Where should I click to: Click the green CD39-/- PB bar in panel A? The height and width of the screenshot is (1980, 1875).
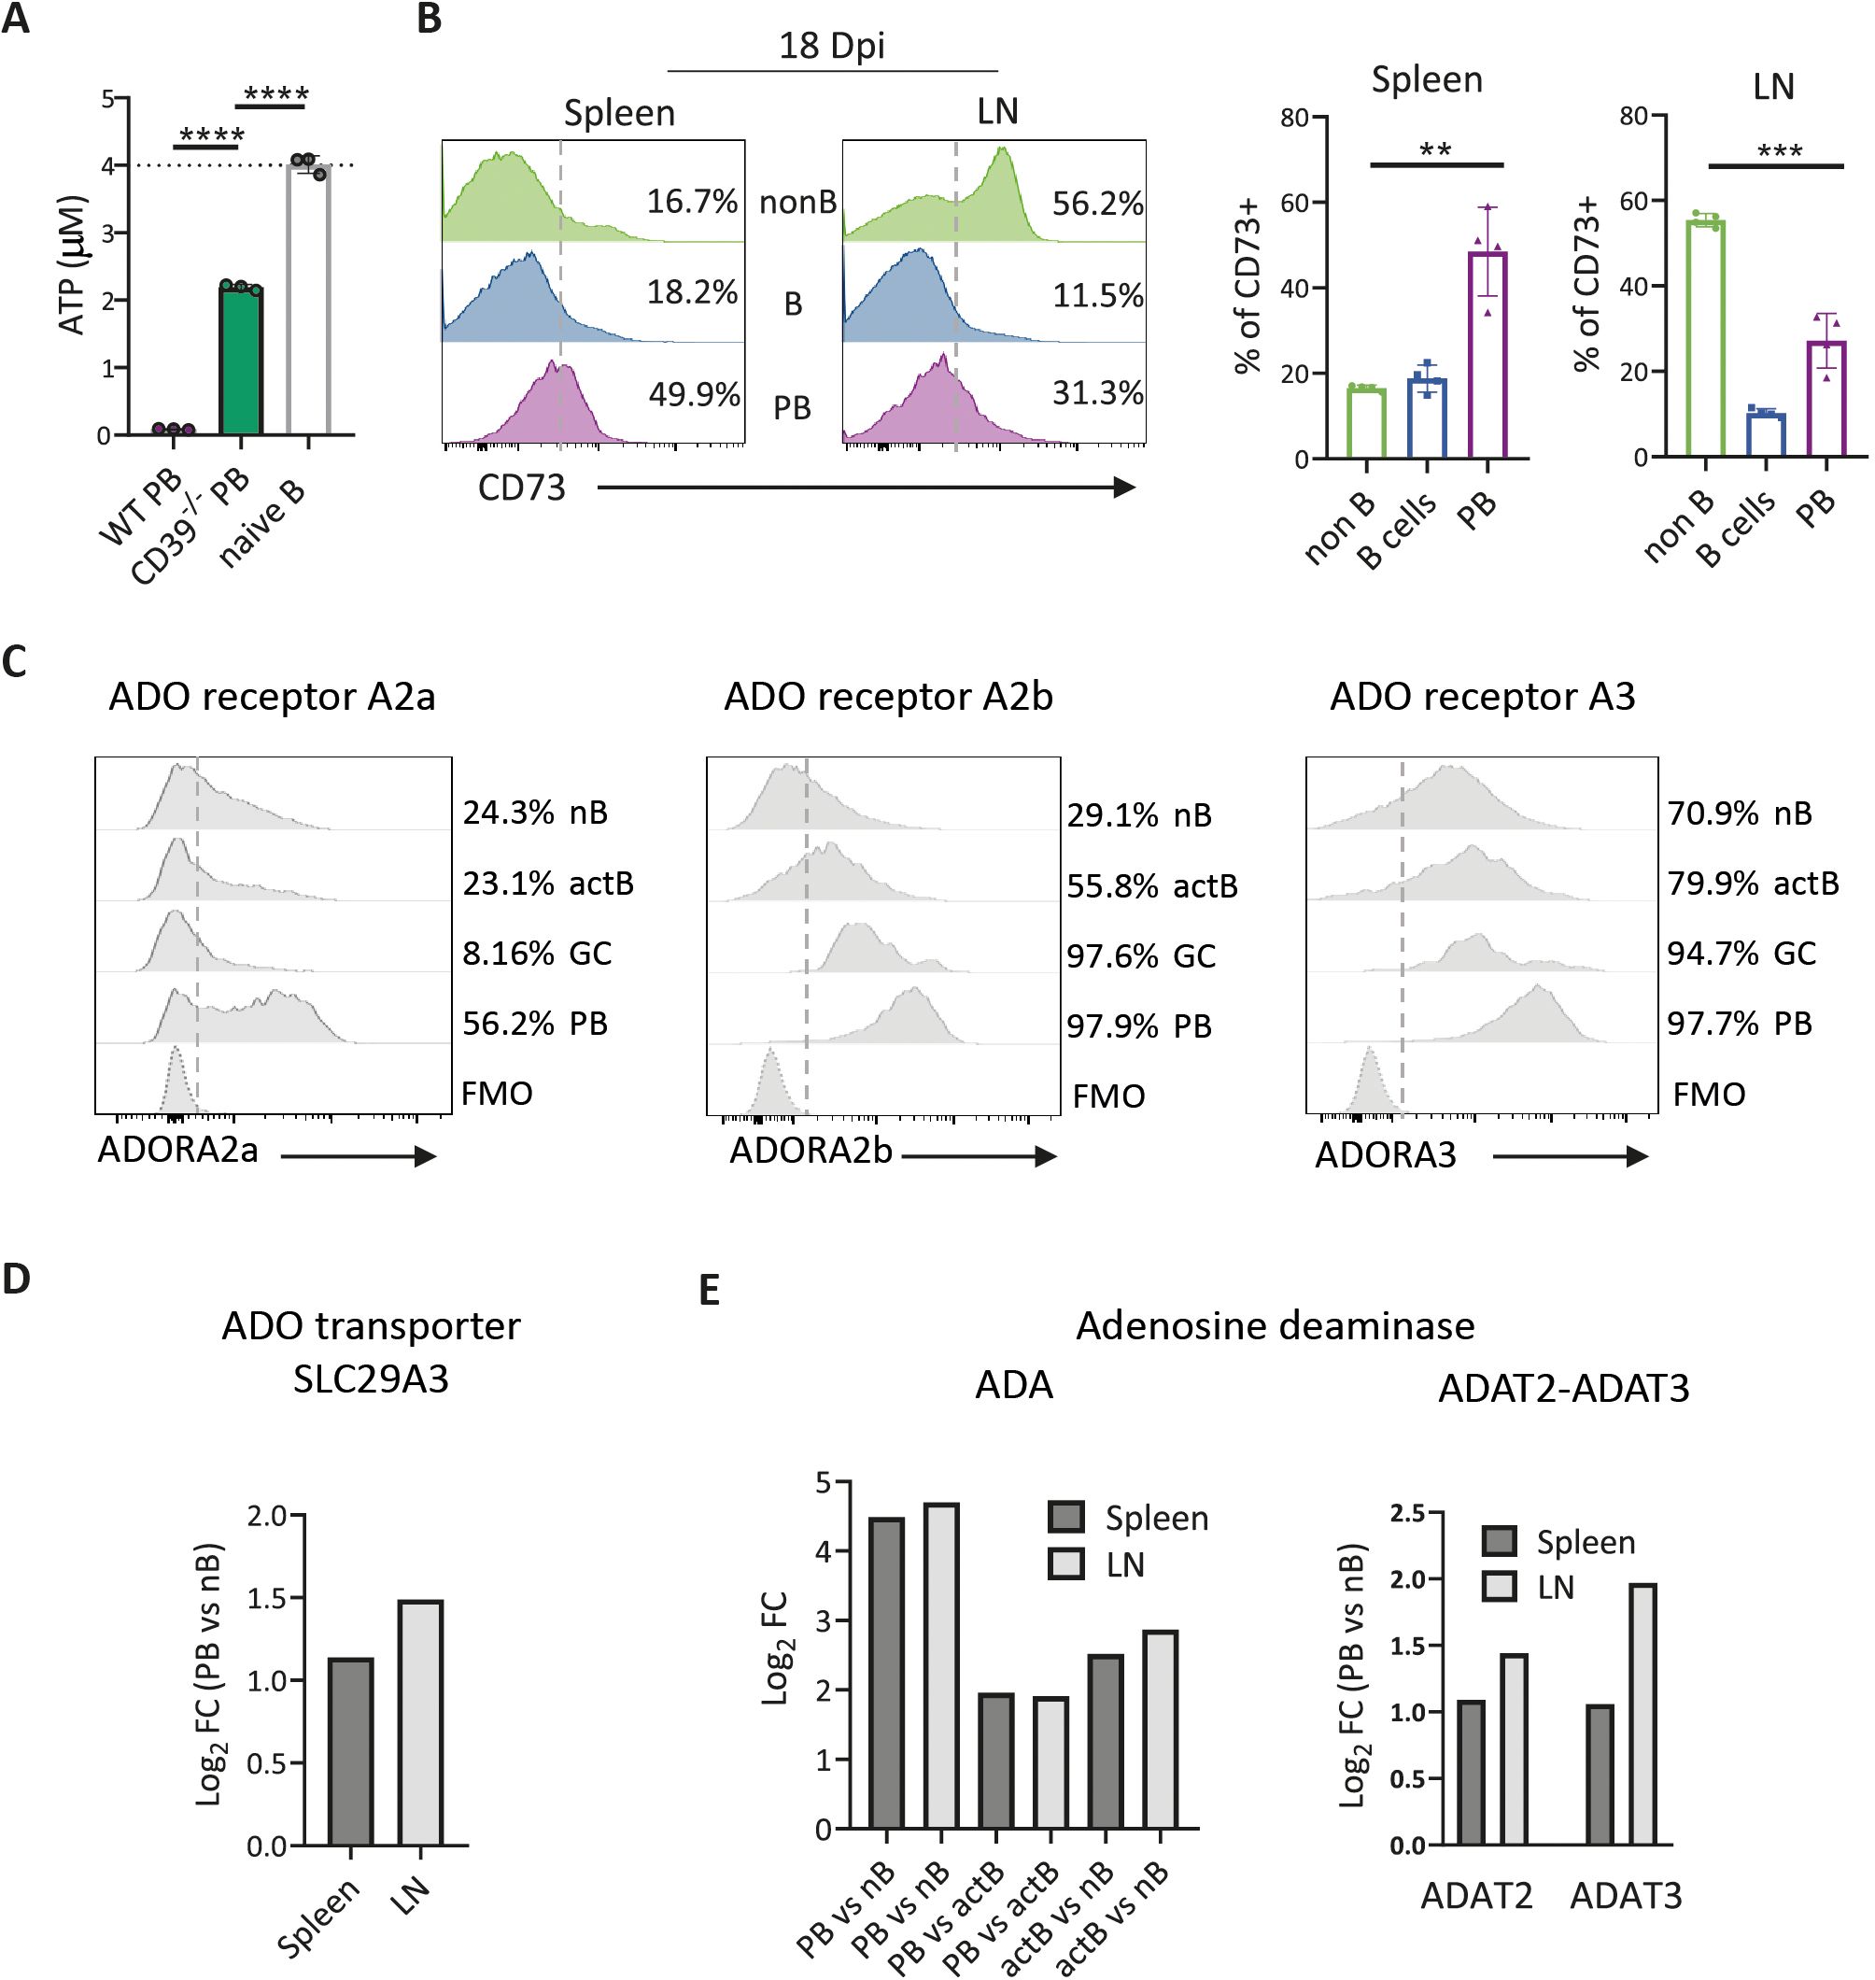(241, 361)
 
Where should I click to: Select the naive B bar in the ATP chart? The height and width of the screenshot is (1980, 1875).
(308, 300)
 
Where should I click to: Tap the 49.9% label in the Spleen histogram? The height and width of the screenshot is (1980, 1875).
(694, 394)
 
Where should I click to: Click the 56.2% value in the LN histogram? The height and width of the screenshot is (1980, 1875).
(1097, 204)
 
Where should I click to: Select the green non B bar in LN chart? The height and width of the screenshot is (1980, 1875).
(1705, 338)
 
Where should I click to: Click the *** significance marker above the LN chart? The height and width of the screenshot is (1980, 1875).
(1779, 153)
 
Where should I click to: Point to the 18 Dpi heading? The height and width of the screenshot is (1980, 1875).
(832, 46)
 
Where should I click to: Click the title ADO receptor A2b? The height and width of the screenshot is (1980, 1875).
(887, 697)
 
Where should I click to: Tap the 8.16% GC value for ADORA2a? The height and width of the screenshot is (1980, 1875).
(508, 953)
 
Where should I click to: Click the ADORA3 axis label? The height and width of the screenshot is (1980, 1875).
(1386, 1154)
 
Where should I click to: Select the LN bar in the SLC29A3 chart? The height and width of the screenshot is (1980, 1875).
(420, 1723)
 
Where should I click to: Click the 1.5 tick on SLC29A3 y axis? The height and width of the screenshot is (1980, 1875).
(268, 1598)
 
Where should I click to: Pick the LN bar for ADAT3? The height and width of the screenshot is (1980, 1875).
(1642, 1714)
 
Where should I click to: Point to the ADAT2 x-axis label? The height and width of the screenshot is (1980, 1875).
(1476, 1895)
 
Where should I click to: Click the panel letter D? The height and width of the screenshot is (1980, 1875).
(17, 1280)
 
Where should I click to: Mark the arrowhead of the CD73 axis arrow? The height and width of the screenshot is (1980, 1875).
(1124, 488)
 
